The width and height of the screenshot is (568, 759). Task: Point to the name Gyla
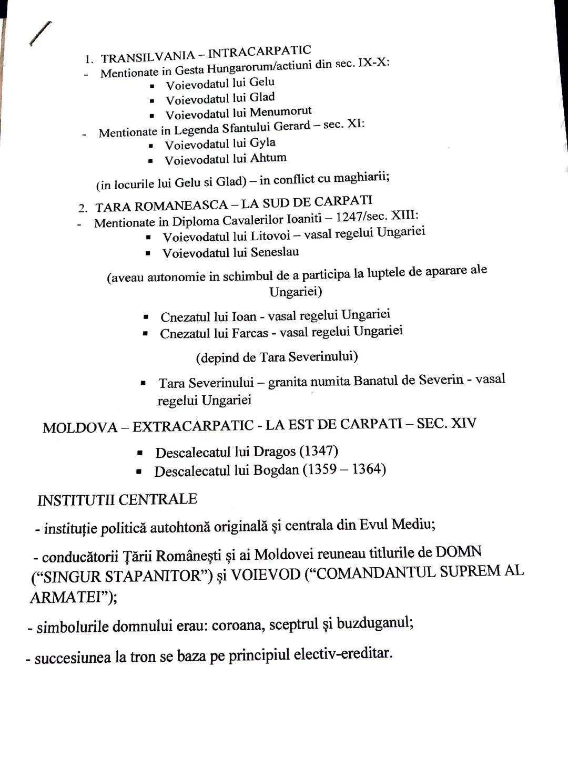[x=262, y=143]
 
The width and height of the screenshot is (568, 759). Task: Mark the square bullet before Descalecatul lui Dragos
[x=140, y=453]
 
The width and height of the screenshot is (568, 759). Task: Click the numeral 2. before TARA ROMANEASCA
[x=83, y=208]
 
